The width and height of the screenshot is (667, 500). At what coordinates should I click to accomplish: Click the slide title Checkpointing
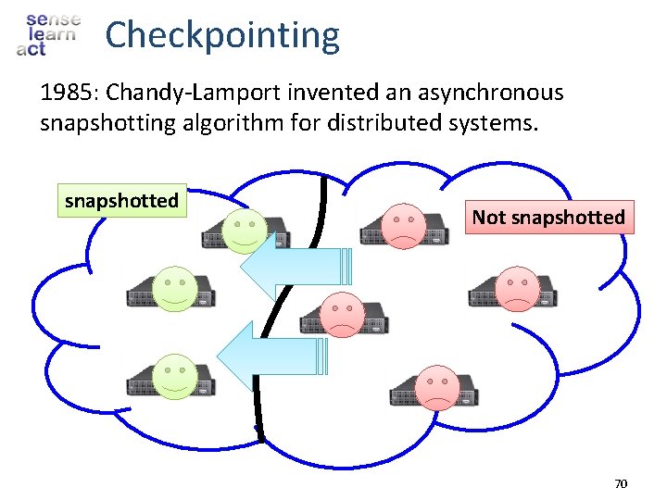click(222, 35)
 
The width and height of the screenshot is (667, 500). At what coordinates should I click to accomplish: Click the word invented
click(336, 93)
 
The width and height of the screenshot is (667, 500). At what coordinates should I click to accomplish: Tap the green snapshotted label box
click(121, 200)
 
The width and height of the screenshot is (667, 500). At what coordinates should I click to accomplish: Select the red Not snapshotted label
click(548, 217)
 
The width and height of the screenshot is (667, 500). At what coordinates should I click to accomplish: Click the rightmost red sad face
click(516, 288)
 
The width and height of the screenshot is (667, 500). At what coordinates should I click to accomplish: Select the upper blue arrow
click(292, 266)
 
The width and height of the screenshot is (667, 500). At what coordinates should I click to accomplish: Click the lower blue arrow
click(269, 355)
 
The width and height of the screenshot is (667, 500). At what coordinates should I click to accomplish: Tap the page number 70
click(621, 483)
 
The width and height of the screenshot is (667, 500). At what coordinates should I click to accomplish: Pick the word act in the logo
click(31, 48)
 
